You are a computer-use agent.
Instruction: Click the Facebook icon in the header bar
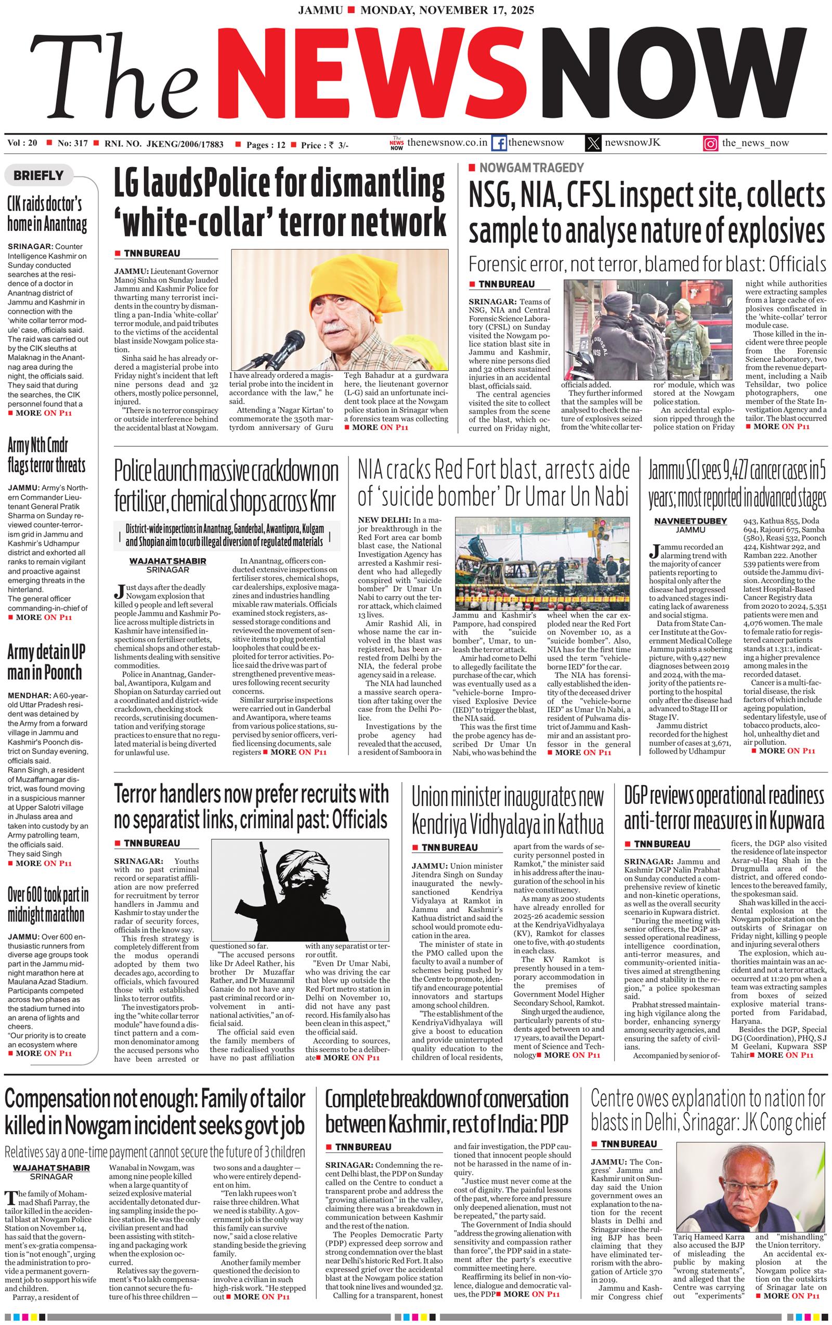click(499, 144)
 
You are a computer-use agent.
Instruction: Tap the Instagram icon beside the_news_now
click(710, 144)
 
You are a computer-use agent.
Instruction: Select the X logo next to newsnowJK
click(593, 144)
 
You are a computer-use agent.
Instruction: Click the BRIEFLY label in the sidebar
click(38, 176)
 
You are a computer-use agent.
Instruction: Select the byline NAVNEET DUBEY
click(690, 521)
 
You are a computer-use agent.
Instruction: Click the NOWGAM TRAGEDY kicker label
click(531, 168)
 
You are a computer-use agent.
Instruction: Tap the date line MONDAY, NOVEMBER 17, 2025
click(447, 10)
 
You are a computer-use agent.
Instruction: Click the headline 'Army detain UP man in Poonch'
click(46, 662)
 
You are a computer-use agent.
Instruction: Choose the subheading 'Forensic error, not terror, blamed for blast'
click(646, 264)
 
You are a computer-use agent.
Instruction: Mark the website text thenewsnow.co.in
click(447, 142)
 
